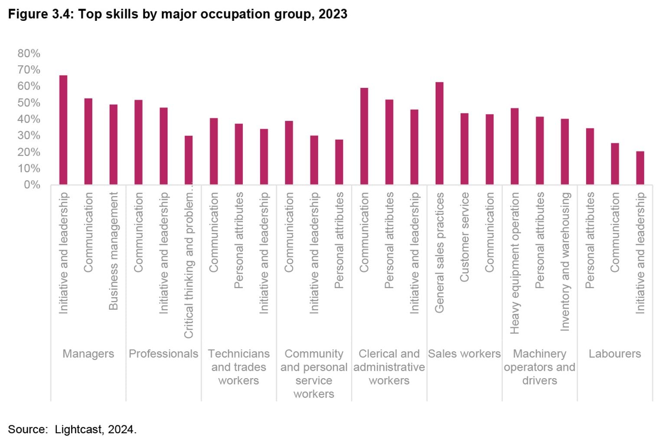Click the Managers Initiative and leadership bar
pyautogui.click(x=63, y=130)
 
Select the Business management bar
pyautogui.click(x=113, y=145)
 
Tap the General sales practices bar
pyautogui.click(x=439, y=133)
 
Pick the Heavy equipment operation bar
pyautogui.click(x=514, y=146)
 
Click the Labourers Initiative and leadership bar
pyautogui.click(x=640, y=168)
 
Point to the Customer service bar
pyautogui.click(x=464, y=149)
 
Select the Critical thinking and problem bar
pyautogui.click(x=189, y=160)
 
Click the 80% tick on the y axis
pyautogui.click(x=29, y=53)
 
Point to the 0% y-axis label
pyautogui.click(x=32, y=185)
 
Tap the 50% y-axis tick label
pyautogui.click(x=29, y=103)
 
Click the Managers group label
pyautogui.click(x=88, y=354)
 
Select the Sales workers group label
pyautogui.click(x=464, y=354)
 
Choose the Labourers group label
pyautogui.click(x=614, y=354)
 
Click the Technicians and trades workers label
pyautogui.click(x=238, y=367)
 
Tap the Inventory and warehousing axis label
pyautogui.click(x=565, y=262)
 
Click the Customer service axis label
pyautogui.click(x=464, y=237)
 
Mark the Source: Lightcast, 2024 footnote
pyautogui.click(x=72, y=429)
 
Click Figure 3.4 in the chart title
pyautogui.click(x=41, y=14)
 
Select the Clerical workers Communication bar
pyautogui.click(x=364, y=136)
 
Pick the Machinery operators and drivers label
pyautogui.click(x=539, y=367)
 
